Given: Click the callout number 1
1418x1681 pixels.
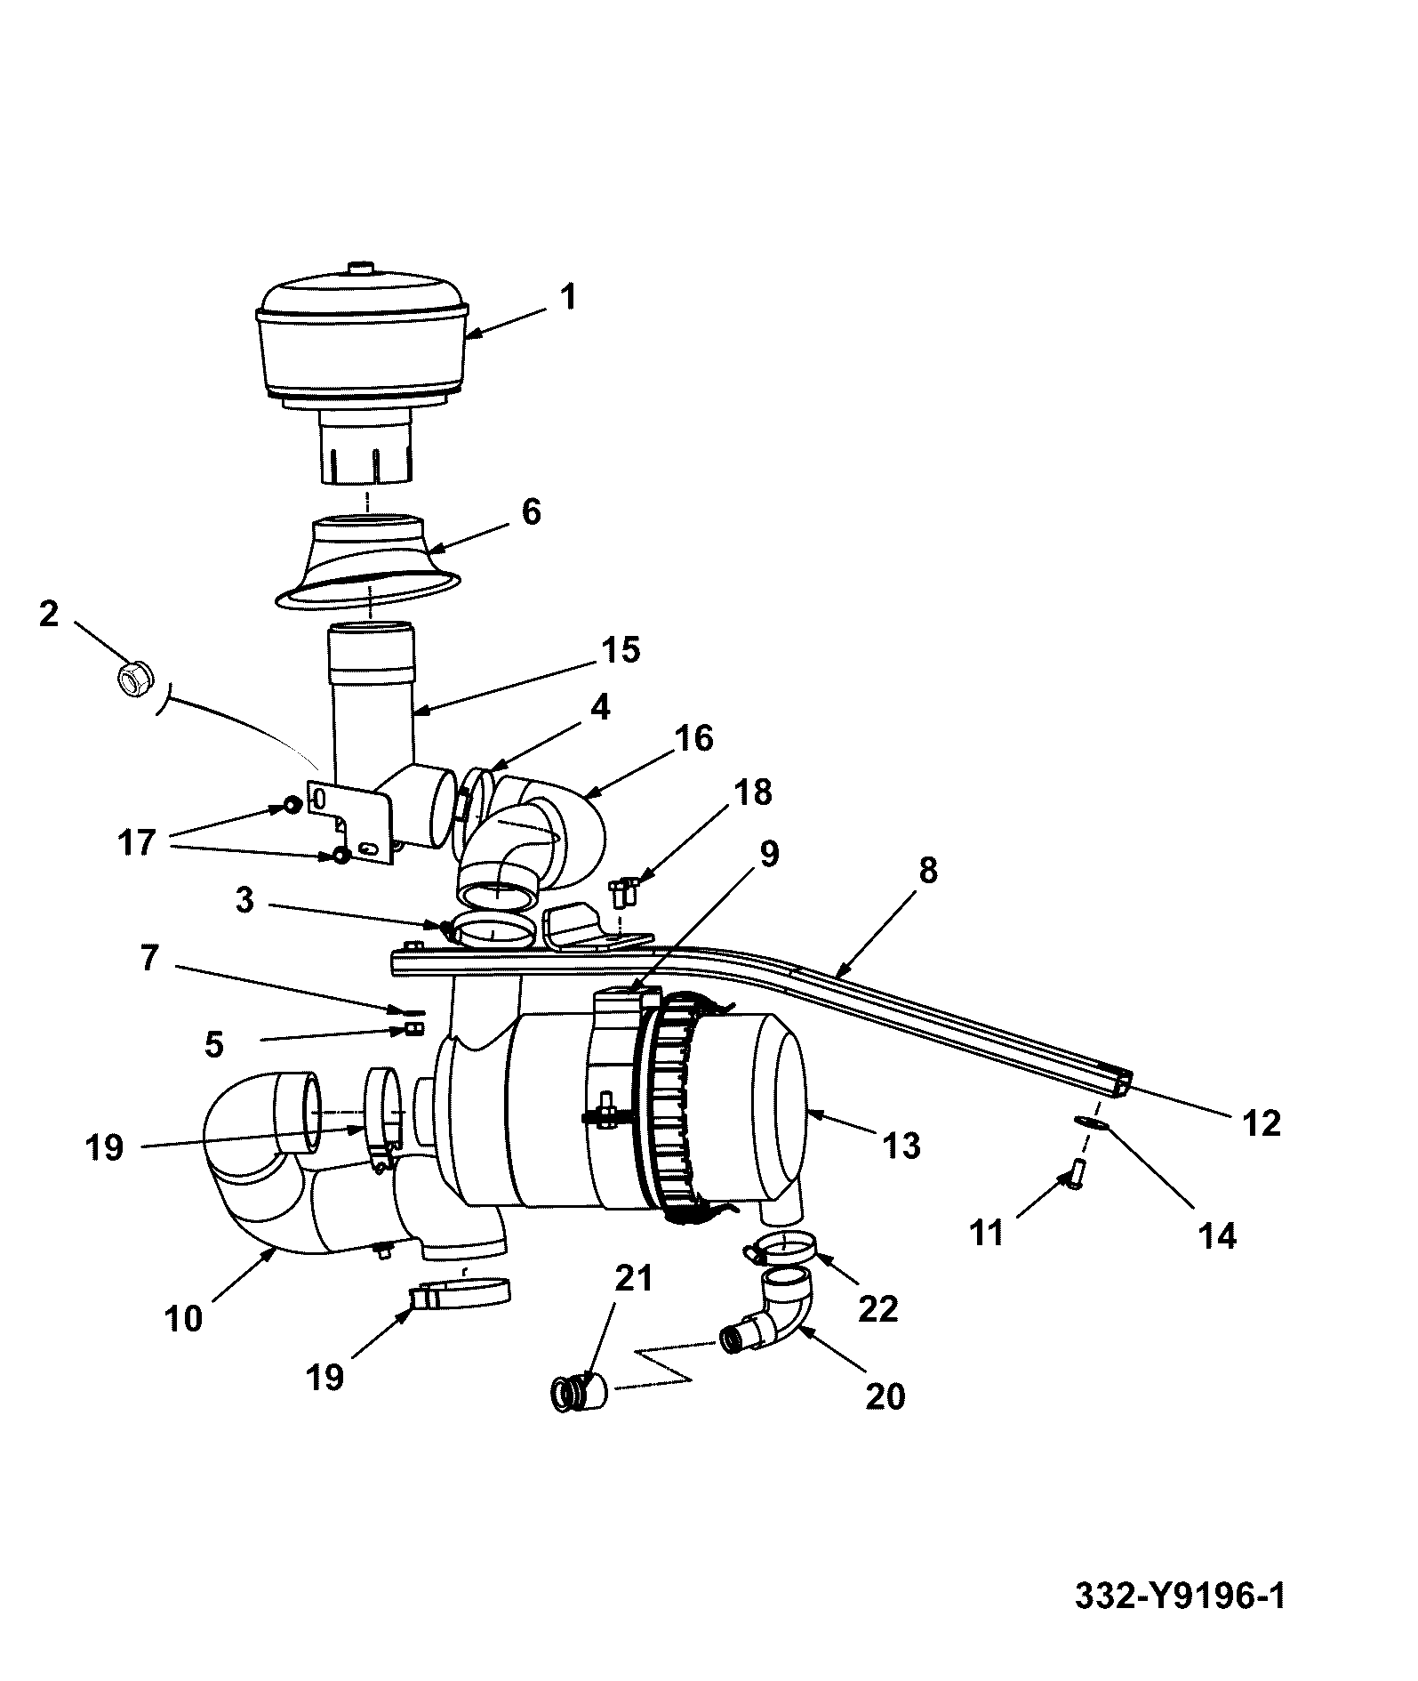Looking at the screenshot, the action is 568,296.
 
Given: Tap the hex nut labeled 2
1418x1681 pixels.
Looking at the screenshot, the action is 134,680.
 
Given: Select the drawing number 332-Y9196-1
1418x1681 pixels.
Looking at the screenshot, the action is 1180,1596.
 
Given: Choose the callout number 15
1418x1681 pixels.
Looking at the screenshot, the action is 621,649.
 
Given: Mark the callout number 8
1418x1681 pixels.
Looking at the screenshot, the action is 927,870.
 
